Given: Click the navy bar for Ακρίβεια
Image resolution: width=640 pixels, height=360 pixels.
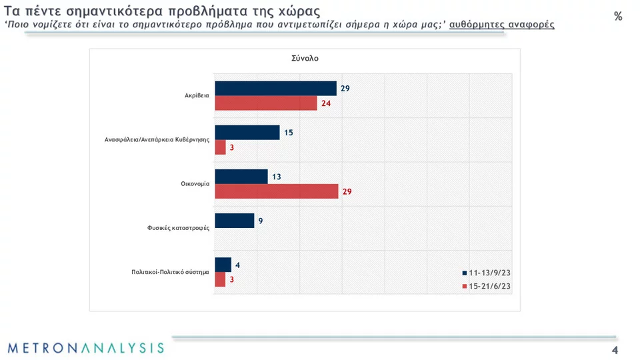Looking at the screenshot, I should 275,89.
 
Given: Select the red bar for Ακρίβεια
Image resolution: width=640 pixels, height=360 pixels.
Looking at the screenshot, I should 266,103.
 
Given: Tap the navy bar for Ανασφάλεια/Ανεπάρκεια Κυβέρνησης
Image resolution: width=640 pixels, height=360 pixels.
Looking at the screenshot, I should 247,133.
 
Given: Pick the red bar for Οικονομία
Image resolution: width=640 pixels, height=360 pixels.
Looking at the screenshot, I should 276,191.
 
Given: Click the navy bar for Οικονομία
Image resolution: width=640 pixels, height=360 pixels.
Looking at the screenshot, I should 241,177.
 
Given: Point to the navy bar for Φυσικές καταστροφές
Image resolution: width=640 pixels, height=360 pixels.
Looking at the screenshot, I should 234,221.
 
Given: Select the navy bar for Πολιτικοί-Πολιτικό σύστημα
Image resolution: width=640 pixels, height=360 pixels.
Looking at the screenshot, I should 223,265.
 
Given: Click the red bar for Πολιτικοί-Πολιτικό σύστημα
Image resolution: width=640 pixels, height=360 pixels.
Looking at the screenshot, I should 220,279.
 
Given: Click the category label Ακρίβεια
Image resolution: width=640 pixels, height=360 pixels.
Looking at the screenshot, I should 197,95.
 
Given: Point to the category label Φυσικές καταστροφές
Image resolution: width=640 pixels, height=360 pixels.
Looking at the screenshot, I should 179,228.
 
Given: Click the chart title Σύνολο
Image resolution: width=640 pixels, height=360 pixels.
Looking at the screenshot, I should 305,58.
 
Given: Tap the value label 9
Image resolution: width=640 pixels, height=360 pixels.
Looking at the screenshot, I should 261,221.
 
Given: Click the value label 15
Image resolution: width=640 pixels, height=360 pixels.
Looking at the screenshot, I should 289,133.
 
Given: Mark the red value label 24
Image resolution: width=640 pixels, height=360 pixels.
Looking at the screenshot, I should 327,103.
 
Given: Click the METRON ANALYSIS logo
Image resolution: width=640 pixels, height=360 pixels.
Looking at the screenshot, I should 85,348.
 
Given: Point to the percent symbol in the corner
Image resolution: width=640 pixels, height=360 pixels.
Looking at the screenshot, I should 618,17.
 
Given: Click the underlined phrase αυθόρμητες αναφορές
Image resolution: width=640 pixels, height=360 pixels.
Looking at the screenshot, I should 502,25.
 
